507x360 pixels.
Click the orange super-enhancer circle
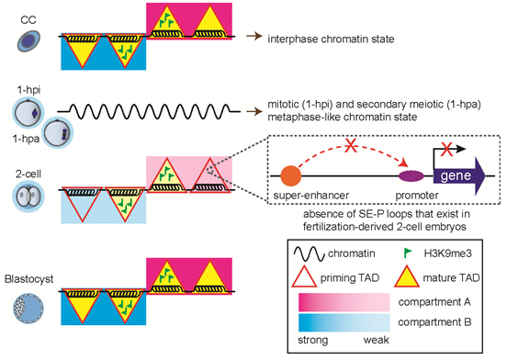coord(290,175)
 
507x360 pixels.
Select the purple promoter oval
coord(411,176)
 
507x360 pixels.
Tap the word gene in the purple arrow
coord(456,175)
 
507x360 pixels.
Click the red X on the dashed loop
coord(350,146)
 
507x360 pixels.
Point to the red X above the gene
coord(447,150)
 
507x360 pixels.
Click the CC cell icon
coord(28,40)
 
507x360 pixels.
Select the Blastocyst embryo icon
coord(28,308)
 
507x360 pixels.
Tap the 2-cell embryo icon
coord(28,197)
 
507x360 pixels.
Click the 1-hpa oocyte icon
coord(58,133)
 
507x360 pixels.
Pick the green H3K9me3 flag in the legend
coord(408,253)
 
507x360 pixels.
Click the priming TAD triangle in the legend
coord(304,276)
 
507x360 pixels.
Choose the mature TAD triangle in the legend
coord(407,276)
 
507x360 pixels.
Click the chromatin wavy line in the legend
coord(309,253)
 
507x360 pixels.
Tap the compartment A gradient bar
coord(344,302)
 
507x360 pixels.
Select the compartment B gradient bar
coord(344,322)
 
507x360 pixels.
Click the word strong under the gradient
coord(312,341)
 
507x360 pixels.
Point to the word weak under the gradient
coord(376,340)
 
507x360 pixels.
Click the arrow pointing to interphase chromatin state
coord(254,36)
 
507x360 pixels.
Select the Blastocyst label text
coord(28,279)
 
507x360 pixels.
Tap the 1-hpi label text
coord(28,90)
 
